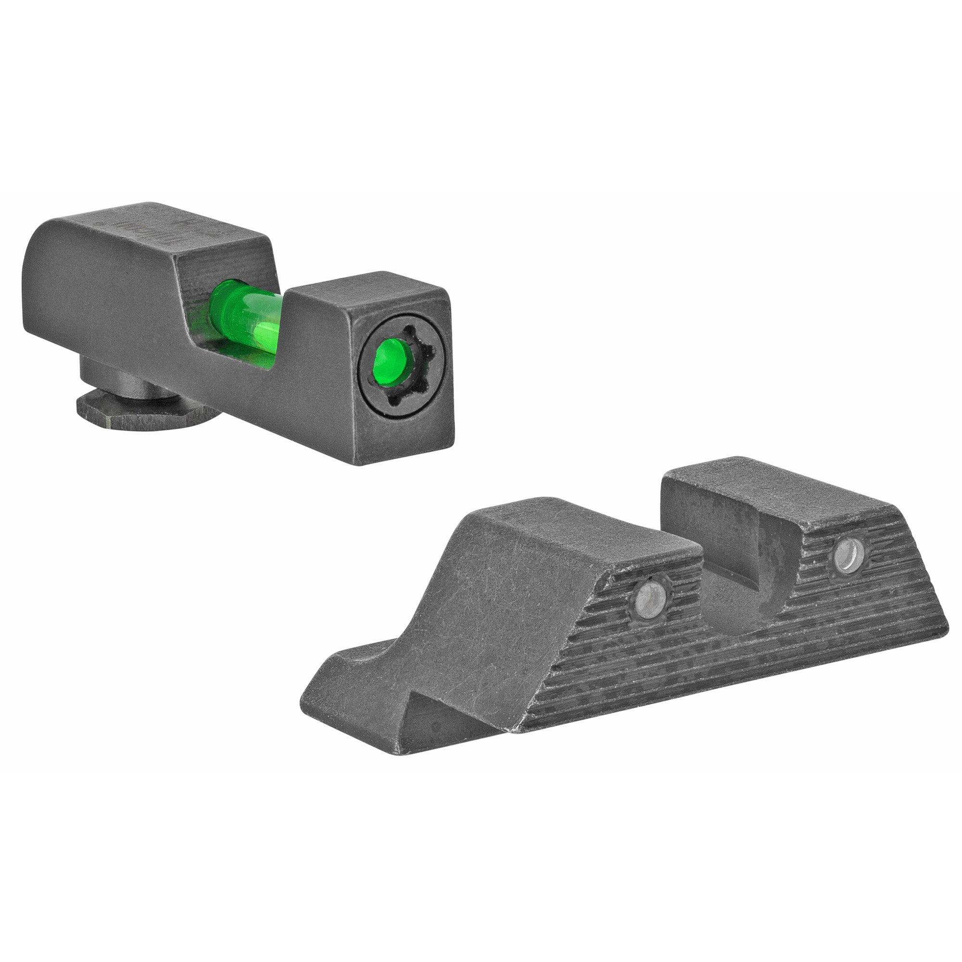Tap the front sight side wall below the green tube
pos(279,388)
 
